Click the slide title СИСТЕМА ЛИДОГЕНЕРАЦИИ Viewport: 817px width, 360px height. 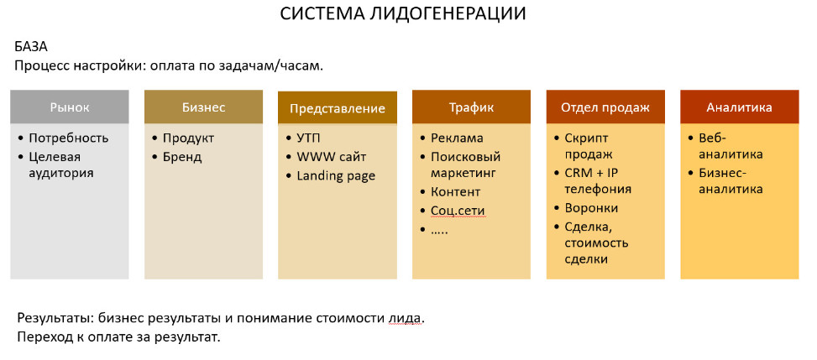click(x=404, y=14)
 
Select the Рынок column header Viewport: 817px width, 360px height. click(x=70, y=107)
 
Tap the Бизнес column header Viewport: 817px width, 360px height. click(x=203, y=107)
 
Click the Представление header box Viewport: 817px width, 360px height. click(x=337, y=108)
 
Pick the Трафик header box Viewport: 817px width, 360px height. click(x=471, y=107)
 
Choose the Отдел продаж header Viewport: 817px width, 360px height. click(x=605, y=107)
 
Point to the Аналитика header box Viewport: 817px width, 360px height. click(x=739, y=107)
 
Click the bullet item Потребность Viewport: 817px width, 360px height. click(x=69, y=138)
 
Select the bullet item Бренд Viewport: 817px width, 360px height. click(x=182, y=157)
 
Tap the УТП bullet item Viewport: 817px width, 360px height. click(x=309, y=138)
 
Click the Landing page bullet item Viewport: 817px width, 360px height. click(x=336, y=175)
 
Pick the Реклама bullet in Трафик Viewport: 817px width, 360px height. click(x=457, y=138)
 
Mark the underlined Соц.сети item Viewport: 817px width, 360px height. click(x=458, y=211)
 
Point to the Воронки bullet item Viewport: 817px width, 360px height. click(x=591, y=208)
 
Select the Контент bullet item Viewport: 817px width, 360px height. click(x=456, y=192)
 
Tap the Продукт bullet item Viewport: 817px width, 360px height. click(x=188, y=138)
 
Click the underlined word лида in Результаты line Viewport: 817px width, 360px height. click(x=404, y=319)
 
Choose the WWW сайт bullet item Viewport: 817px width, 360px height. click(x=331, y=157)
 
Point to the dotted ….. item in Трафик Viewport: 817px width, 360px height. click(x=440, y=229)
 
